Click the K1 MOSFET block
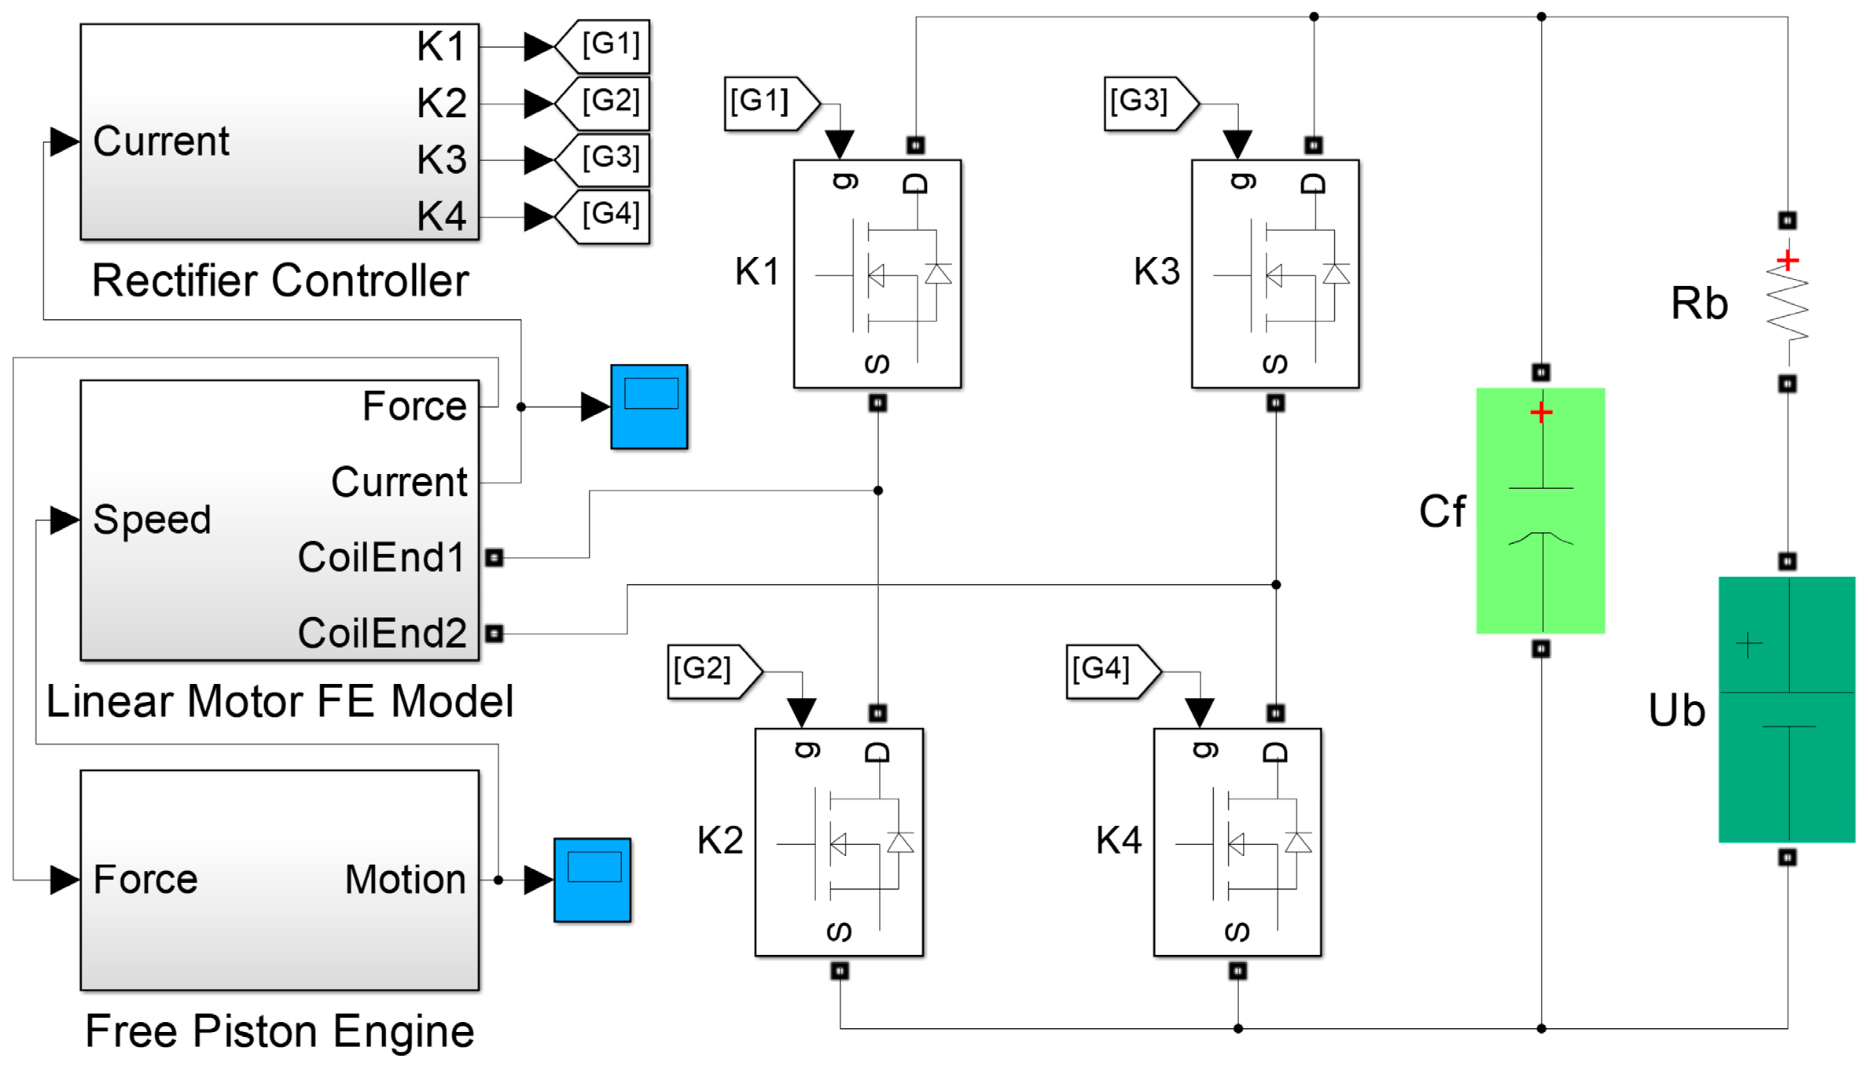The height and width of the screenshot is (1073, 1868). coord(877,274)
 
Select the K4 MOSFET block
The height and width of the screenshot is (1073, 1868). coord(1237,842)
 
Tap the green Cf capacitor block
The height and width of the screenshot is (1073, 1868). coord(1541,510)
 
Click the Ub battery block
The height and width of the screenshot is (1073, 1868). coord(1787,709)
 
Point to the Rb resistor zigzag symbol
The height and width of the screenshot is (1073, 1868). coord(1787,303)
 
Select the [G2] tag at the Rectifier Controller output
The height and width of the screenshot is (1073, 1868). coord(602,103)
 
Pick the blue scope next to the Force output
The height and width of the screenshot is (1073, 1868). coord(649,406)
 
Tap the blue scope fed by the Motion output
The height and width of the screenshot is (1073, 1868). coord(593,880)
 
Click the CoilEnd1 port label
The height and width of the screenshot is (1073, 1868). coord(382,557)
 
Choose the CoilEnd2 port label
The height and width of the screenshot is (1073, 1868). coord(382,633)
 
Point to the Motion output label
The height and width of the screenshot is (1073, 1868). coord(406,879)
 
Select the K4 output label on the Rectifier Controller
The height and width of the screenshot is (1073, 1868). coord(442,215)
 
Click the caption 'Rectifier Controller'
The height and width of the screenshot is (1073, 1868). coord(281,281)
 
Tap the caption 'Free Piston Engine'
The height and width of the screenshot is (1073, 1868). coord(280,1031)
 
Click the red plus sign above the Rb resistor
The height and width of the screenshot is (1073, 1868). coord(1788,259)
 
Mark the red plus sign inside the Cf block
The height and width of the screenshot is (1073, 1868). coord(1542,412)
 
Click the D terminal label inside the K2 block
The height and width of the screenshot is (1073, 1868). coord(877,753)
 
